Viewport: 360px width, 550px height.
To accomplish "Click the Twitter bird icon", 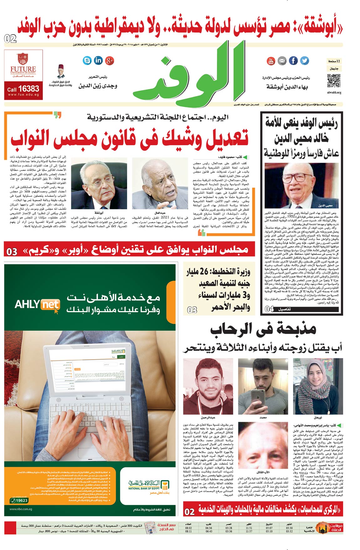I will pos(304,61).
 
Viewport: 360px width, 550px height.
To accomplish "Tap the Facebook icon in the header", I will pos(293,61).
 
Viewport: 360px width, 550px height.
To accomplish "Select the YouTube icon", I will pos(271,61).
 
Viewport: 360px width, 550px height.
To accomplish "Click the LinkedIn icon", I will pos(98,60).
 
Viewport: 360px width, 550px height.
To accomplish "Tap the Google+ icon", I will pos(110,60).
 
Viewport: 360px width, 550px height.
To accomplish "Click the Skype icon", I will pos(87,60).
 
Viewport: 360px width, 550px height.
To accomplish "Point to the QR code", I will pos(334,81).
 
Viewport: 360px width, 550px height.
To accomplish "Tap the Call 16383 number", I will pos(23,89).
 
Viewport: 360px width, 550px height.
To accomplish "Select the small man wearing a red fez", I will pos(61,72).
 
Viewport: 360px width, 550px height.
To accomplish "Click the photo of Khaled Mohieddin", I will pos(301,185).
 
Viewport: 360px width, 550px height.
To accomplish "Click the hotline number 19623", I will pos(19,500).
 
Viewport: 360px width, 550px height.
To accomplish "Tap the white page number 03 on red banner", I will pos(12,252).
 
